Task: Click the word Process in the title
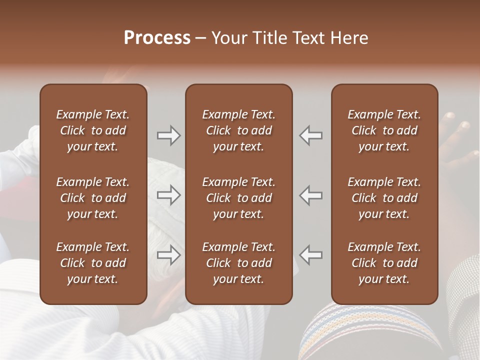[157, 38]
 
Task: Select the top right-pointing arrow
[168, 135]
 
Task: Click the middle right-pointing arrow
[168, 195]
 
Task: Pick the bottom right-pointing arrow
[168, 255]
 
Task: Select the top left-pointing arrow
[311, 135]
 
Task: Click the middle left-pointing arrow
[311, 195]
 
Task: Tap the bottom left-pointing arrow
[311, 255]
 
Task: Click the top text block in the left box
[93, 130]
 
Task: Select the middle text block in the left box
[93, 198]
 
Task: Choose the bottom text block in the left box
[93, 263]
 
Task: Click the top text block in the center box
[238, 130]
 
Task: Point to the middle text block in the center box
[238, 198]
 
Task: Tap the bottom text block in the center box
[238, 263]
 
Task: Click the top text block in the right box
[384, 130]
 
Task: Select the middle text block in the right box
[384, 198]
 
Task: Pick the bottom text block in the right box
[384, 263]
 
